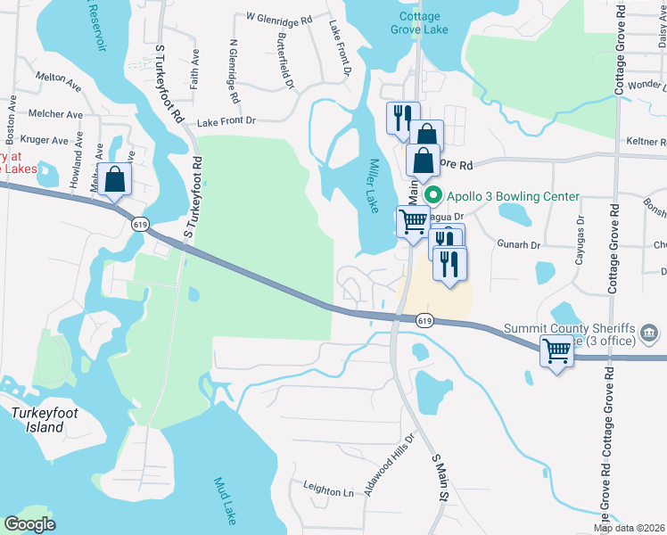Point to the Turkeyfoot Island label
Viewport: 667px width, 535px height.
(37, 420)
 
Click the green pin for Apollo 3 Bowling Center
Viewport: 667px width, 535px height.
(433, 196)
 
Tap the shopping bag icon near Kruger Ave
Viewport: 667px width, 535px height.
(116, 180)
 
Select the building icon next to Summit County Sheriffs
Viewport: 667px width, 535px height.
(651, 334)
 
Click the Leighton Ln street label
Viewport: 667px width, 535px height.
(328, 491)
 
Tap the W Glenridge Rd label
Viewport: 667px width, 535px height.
(279, 18)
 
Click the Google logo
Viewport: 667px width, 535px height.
(30, 524)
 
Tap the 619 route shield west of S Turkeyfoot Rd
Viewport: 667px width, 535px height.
(139, 225)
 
